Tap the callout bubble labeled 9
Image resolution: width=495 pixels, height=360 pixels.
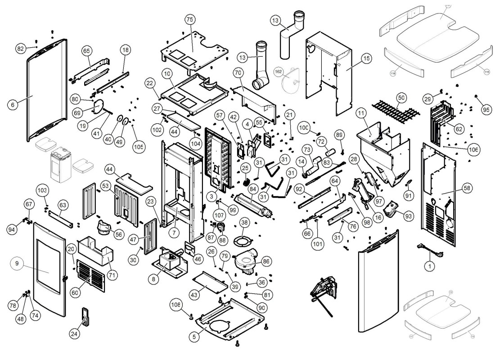click(x=17, y=265)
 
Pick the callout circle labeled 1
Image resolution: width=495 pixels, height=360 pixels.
click(x=430, y=266)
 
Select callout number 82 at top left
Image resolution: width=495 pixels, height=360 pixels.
click(x=20, y=49)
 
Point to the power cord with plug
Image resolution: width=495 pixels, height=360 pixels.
click(x=425, y=248)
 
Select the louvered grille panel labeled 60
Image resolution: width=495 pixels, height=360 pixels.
click(x=94, y=274)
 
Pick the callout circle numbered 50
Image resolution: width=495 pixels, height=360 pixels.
click(x=401, y=97)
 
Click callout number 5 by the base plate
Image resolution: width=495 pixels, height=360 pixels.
click(x=194, y=335)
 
